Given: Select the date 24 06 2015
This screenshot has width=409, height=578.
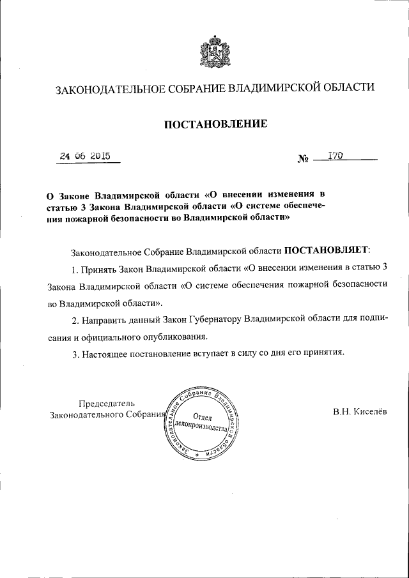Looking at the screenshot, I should coord(85,155).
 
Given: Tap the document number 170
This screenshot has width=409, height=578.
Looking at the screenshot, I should coord(336,155).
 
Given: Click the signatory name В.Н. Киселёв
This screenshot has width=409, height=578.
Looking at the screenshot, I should coord(359,412).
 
